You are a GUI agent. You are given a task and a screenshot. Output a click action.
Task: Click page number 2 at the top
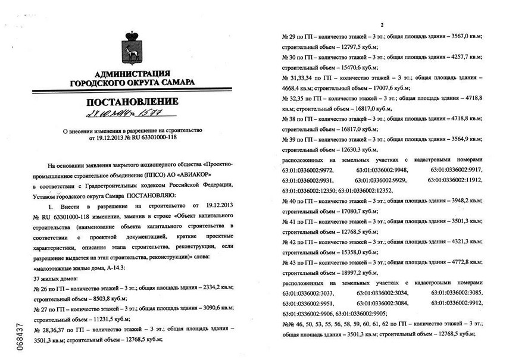381,24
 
